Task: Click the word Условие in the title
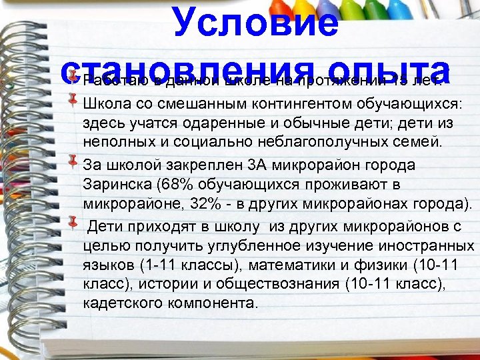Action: (x=256, y=21)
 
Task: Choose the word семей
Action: (x=413, y=143)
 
